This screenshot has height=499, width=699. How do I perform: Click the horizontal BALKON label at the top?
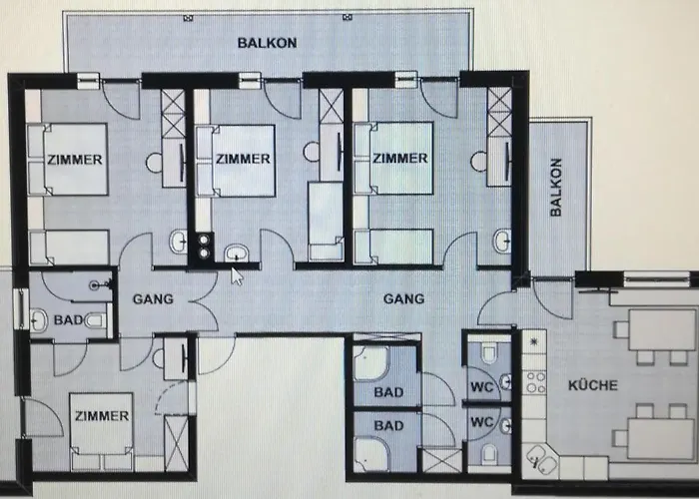pos(267,43)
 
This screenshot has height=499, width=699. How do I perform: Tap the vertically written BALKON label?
pos(556,188)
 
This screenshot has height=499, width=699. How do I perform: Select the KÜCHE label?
pos(593,385)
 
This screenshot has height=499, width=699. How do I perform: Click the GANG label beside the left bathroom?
pos(153,299)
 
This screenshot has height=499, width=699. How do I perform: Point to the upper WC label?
pos(482,387)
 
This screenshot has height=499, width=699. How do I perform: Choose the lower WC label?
pos(482,421)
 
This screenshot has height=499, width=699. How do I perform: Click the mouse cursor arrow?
pos(237,276)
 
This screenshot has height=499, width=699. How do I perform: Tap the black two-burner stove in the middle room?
pos(204,247)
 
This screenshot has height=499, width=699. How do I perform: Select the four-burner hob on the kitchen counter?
pos(535,382)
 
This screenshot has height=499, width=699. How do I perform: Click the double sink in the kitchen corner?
pos(540,459)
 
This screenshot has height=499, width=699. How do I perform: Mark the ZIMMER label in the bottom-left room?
pos(102,416)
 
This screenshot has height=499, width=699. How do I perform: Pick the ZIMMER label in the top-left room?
pos(75,160)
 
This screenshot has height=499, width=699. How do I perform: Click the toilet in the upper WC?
pos(489,354)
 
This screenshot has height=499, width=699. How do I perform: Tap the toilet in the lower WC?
pos(489,454)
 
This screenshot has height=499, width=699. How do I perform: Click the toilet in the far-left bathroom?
pos(96,320)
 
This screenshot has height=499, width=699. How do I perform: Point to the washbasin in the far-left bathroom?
pos(39,320)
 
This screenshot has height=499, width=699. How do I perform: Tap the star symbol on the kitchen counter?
pos(534,342)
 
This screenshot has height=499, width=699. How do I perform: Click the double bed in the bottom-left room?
pos(102,431)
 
